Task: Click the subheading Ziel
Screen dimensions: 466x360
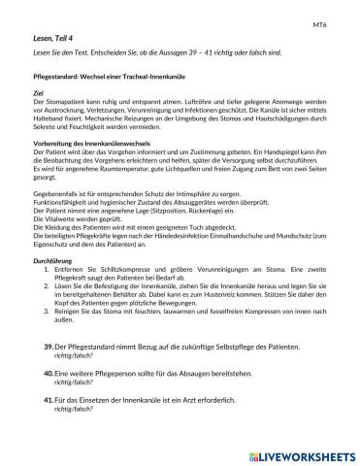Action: click(x=39, y=93)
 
